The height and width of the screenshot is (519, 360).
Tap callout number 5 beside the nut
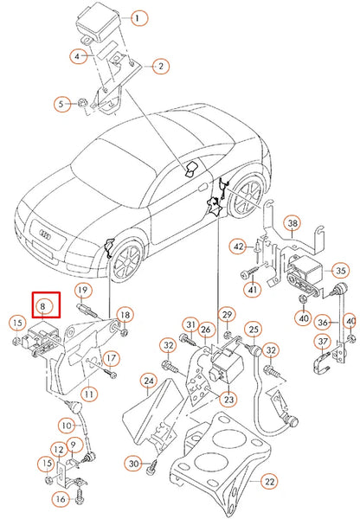click(61, 105)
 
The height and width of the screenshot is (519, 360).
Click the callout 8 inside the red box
click(45, 304)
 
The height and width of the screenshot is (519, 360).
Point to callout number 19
click(82, 290)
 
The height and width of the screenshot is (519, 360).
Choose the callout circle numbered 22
click(269, 481)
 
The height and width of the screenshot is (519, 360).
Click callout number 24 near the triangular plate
click(150, 380)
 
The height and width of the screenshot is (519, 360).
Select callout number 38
click(293, 225)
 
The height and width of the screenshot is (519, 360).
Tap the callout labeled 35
click(340, 271)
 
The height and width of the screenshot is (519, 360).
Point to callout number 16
click(61, 499)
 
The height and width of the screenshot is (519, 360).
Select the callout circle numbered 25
click(253, 329)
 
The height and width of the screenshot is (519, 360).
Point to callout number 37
click(321, 342)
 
